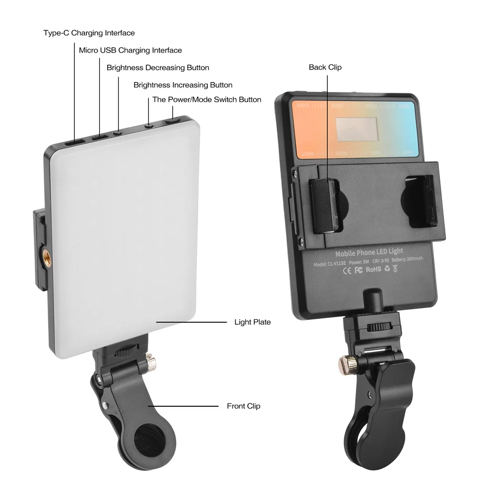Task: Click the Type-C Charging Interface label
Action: tap(89, 33)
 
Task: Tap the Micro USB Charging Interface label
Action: tap(130, 50)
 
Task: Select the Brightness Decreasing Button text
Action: tap(158, 67)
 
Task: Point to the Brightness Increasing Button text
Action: tap(183, 85)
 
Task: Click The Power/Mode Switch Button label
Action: tap(206, 100)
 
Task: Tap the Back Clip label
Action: tap(325, 67)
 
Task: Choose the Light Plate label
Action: tap(252, 322)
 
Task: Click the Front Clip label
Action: tap(244, 406)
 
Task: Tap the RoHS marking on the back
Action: tap(373, 270)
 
